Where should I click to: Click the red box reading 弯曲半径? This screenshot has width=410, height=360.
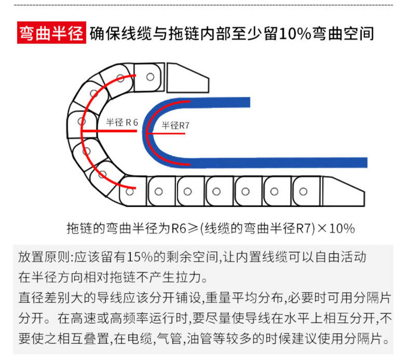51,34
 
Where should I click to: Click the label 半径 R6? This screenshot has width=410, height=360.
121,122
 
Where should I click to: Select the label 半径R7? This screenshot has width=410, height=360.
175,125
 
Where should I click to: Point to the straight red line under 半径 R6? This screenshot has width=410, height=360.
109,130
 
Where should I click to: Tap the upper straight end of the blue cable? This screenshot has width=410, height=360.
228,101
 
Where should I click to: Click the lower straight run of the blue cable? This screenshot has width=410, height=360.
291,162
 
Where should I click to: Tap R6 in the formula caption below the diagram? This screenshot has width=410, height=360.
179,228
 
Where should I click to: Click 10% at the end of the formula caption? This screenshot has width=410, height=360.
342,228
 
